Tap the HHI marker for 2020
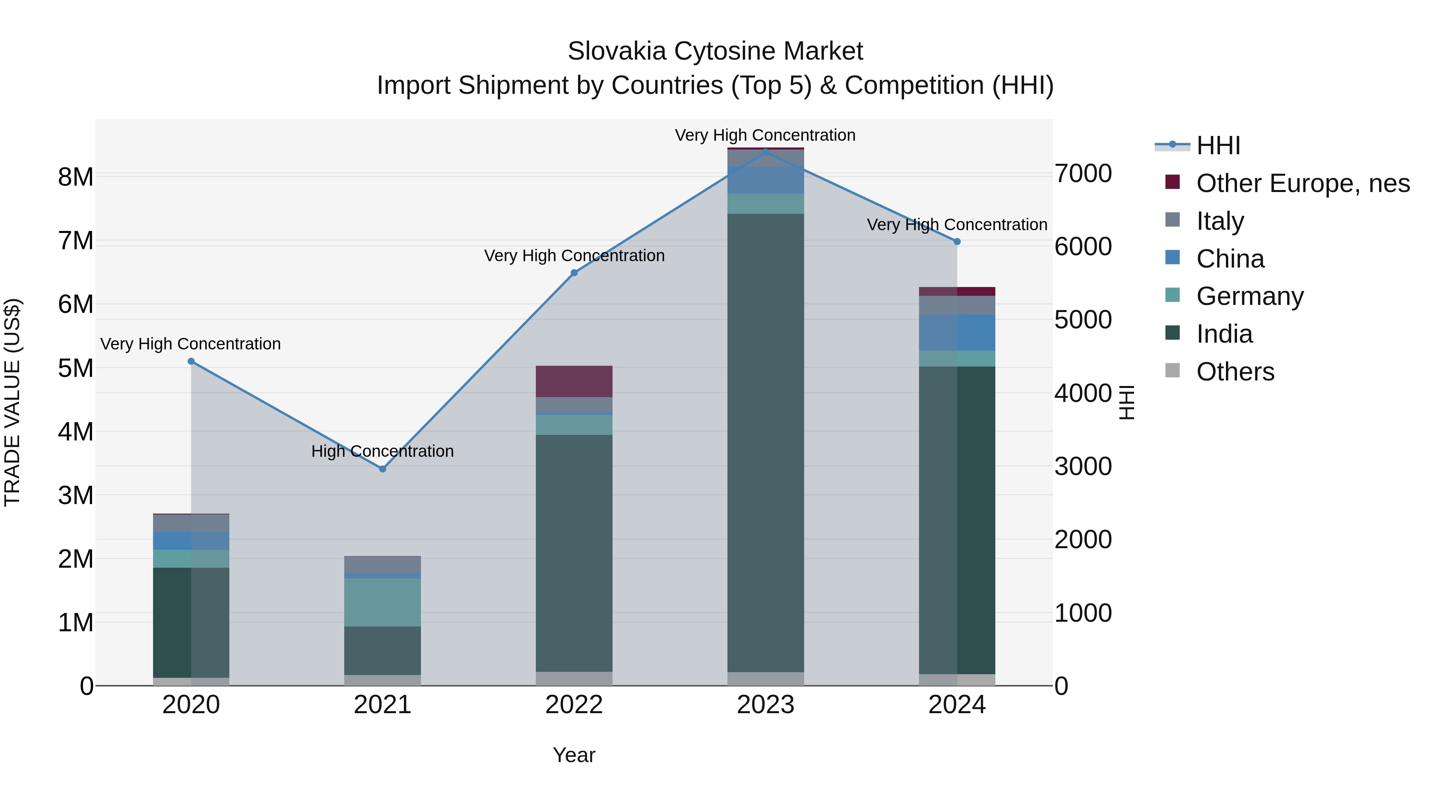(191, 361)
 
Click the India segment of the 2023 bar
(766, 444)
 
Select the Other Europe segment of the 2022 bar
(574, 382)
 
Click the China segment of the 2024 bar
(957, 333)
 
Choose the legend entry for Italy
(1220, 221)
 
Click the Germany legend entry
(1249, 296)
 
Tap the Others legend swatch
(1172, 370)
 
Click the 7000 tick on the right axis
(1083, 174)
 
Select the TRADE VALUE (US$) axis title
(12, 402)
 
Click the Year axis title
(574, 755)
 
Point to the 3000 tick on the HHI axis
(1083, 467)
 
